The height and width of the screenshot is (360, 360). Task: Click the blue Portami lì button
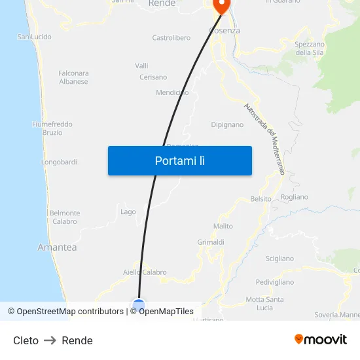(180, 160)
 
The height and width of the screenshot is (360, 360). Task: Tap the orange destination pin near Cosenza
(221, 7)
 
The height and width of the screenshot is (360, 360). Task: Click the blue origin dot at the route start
(139, 304)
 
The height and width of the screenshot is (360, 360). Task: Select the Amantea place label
(57, 247)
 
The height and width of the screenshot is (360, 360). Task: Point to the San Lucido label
(34, 37)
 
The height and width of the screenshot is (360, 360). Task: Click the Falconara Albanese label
(73, 77)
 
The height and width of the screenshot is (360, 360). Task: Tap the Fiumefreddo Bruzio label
(52, 128)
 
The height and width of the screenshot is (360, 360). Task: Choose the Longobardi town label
(59, 162)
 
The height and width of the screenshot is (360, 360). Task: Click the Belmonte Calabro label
(65, 217)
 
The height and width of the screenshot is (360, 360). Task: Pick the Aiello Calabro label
(145, 272)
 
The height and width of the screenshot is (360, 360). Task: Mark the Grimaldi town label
(211, 242)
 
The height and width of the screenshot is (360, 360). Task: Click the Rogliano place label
(294, 197)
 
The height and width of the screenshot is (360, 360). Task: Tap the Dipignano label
(227, 124)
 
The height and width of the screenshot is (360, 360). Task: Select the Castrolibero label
(171, 38)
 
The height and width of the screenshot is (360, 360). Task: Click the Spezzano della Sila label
(310, 48)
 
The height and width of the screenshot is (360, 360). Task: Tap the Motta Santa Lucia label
(264, 303)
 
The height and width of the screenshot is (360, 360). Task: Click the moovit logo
(320, 340)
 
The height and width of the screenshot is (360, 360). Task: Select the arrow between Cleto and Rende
(50, 340)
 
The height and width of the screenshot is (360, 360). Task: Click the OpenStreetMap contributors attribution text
(70, 312)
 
